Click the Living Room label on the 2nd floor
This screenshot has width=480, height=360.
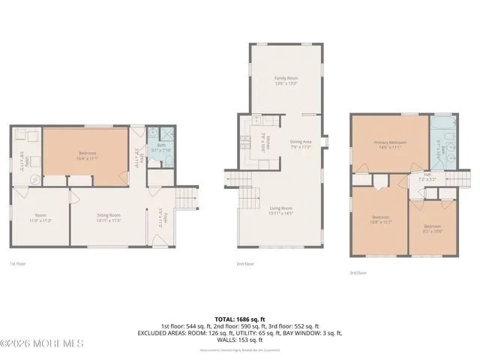coord(281,211)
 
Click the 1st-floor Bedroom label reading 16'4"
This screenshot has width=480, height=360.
coord(88,155)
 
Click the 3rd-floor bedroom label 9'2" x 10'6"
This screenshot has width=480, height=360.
coord(431,228)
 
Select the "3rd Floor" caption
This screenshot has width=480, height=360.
coord(358,273)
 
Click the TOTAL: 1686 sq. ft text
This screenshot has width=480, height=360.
coord(240,319)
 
